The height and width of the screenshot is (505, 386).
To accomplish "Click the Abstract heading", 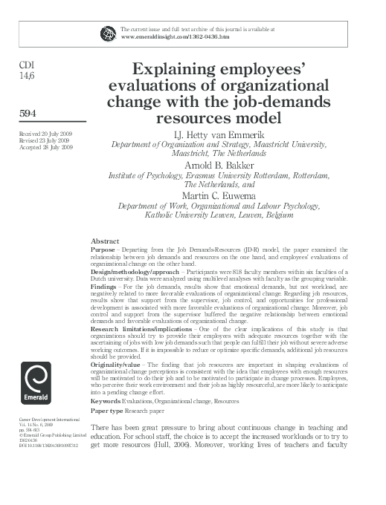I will (105, 241).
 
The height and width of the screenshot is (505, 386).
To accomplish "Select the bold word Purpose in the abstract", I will (104, 251).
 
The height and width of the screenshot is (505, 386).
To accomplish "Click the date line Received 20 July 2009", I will (45, 131).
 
